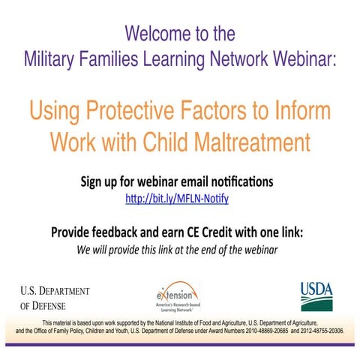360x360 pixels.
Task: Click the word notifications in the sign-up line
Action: (233, 181)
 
